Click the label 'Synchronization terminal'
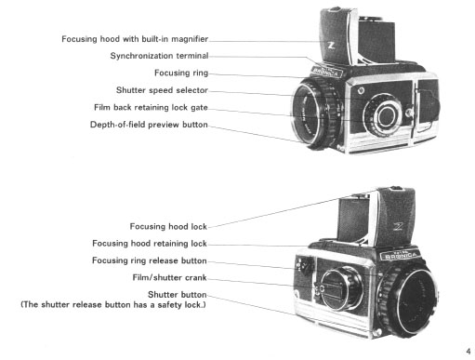click(159, 56)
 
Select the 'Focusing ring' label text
click(181, 73)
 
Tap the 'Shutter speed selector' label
click(162, 90)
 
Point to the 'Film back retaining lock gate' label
click(151, 107)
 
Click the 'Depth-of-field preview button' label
click(149, 125)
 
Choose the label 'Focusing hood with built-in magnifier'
click(135, 39)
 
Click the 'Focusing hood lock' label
click(168, 226)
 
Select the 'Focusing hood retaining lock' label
click(150, 244)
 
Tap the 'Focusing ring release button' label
click(150, 260)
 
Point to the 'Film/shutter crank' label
click(169, 277)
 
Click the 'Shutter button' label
click(178, 294)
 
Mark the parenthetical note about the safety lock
click(113, 304)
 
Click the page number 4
click(468, 352)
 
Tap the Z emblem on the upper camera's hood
click(331, 46)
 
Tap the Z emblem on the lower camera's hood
click(398, 227)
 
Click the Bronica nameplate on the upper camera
click(327, 72)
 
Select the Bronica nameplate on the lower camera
click(399, 255)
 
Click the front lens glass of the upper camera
click(309, 113)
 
